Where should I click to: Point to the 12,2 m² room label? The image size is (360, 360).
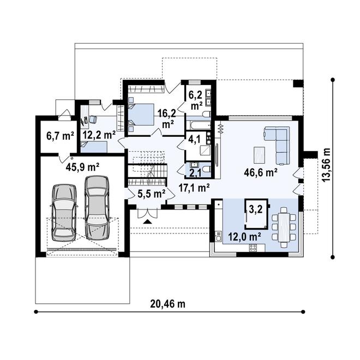(98, 135)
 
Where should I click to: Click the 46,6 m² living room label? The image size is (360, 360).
(261, 173)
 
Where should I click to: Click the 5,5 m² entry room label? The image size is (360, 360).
(151, 193)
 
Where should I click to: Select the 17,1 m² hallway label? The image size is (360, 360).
(195, 188)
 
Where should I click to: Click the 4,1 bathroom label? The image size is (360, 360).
(194, 139)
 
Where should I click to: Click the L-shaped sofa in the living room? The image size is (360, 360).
(278, 144)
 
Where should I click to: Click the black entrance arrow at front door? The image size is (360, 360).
(147, 221)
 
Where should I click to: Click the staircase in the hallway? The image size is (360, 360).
(147, 172)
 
